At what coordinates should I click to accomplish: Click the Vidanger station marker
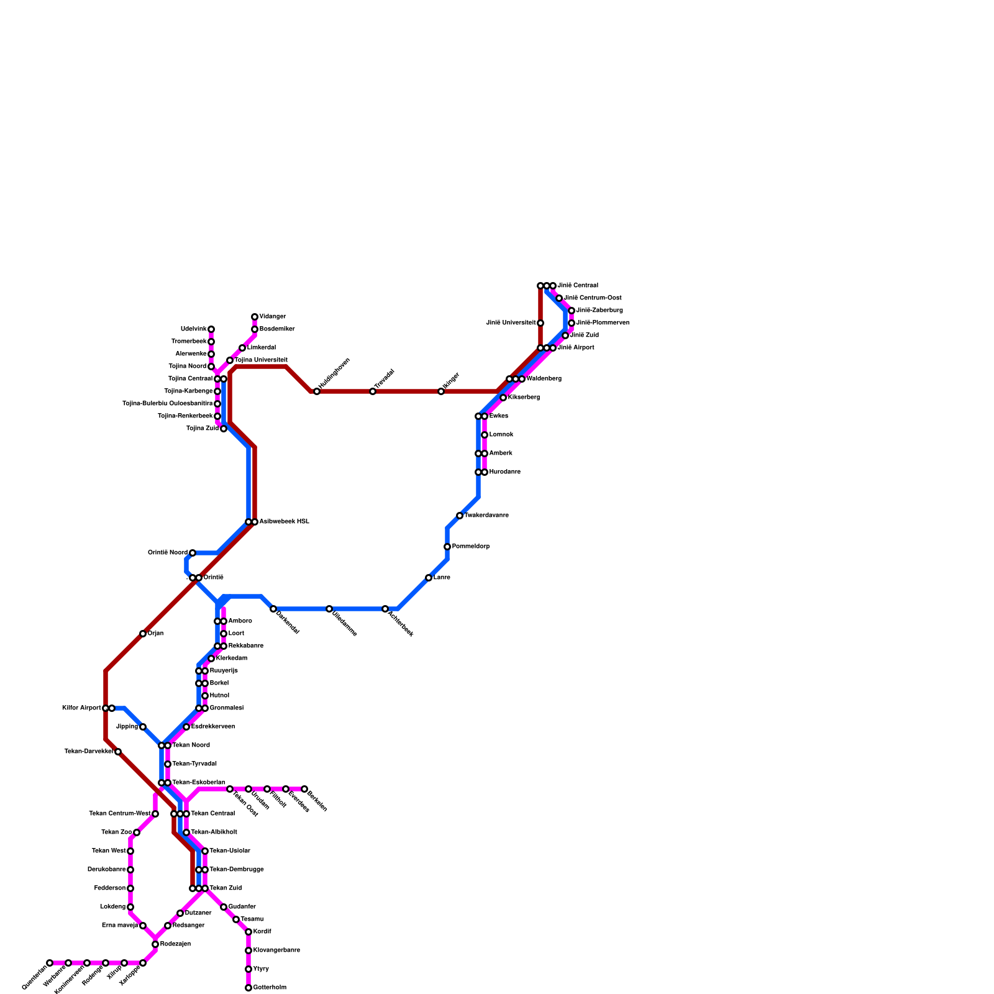pyautogui.click(x=255, y=317)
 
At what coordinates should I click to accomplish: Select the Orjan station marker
pyautogui.click(x=143, y=634)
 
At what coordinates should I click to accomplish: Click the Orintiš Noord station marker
pyautogui.click(x=193, y=553)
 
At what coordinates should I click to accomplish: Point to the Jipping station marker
pyautogui.click(x=143, y=727)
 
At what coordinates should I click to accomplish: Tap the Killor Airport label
pyautogui.click(x=81, y=708)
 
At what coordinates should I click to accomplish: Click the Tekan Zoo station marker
pyautogui.click(x=137, y=832)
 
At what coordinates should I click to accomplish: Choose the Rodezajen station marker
pyautogui.click(x=155, y=944)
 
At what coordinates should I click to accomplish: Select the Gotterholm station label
pyautogui.click(x=270, y=988)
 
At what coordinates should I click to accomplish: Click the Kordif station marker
pyautogui.click(x=248, y=932)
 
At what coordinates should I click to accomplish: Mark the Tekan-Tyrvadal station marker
pyautogui.click(x=168, y=764)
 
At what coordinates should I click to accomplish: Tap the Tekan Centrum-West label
pyautogui.click(x=119, y=814)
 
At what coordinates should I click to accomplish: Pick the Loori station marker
pyautogui.click(x=224, y=634)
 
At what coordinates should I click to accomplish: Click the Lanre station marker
pyautogui.click(x=429, y=578)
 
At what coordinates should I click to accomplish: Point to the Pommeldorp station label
pyautogui.click(x=470, y=547)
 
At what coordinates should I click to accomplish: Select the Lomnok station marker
pyautogui.click(x=485, y=435)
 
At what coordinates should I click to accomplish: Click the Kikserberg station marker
pyautogui.click(x=503, y=398)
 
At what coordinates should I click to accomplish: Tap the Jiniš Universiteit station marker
pyautogui.click(x=540, y=323)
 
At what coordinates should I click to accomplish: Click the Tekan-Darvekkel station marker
pyautogui.click(x=118, y=752)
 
